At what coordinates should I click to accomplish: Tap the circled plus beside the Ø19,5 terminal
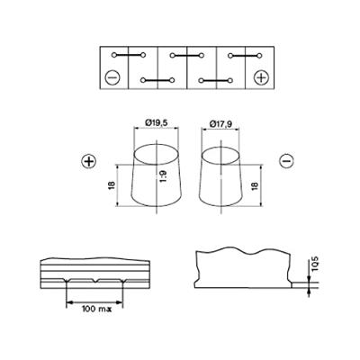(88, 162)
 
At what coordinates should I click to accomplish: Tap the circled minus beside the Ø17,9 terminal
(284, 162)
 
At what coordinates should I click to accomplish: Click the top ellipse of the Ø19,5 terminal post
(157, 148)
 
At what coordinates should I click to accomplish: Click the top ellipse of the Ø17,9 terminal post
(221, 149)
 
